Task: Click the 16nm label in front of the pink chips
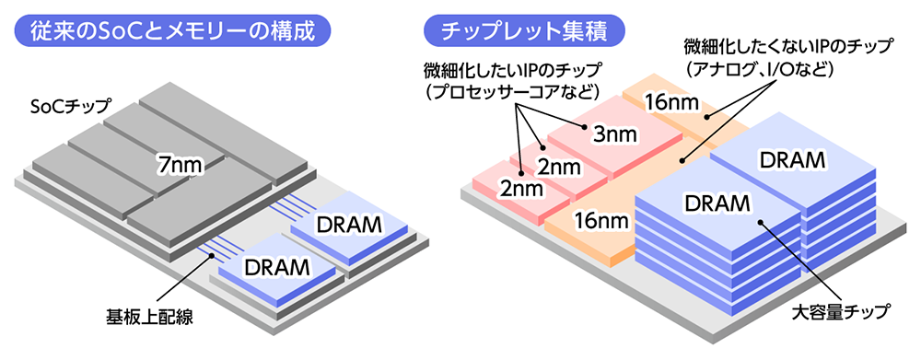click(x=599, y=221)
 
